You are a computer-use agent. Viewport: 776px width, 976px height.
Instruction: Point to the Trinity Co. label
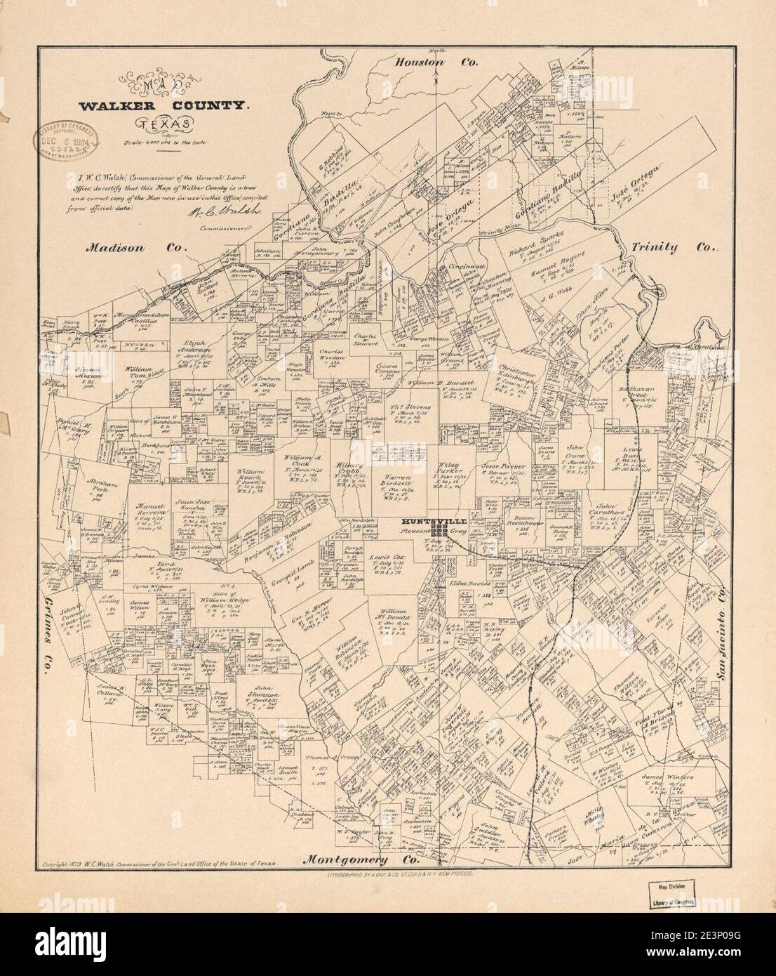[x=672, y=248]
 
